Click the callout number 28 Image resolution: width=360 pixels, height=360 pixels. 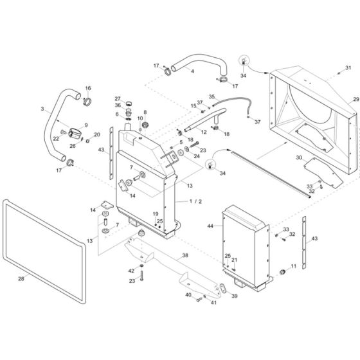pos(21,279)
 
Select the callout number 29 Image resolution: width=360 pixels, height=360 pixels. pos(356,99)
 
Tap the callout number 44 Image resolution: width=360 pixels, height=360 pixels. pos(210,226)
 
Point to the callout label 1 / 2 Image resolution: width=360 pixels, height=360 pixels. pos(195,201)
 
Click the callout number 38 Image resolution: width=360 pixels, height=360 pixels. pos(185,255)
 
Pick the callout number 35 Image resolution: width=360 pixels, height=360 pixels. pos(212,96)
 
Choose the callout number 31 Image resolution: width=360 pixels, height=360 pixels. pos(348,67)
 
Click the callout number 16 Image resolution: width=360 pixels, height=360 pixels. pos(88,88)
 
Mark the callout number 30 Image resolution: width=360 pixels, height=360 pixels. pos(299,157)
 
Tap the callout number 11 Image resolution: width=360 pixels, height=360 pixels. pos(293,266)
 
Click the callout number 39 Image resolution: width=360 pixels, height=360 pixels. pos(235,296)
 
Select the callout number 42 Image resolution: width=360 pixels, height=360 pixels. pos(131,271)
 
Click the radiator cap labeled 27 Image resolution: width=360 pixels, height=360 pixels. pos(130,102)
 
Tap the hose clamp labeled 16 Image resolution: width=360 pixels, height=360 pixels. pos(87,102)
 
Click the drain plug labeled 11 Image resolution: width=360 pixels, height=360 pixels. pos(282,272)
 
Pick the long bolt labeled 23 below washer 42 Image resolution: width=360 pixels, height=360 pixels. pos(141,276)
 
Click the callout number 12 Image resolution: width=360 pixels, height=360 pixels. pos(204,132)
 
